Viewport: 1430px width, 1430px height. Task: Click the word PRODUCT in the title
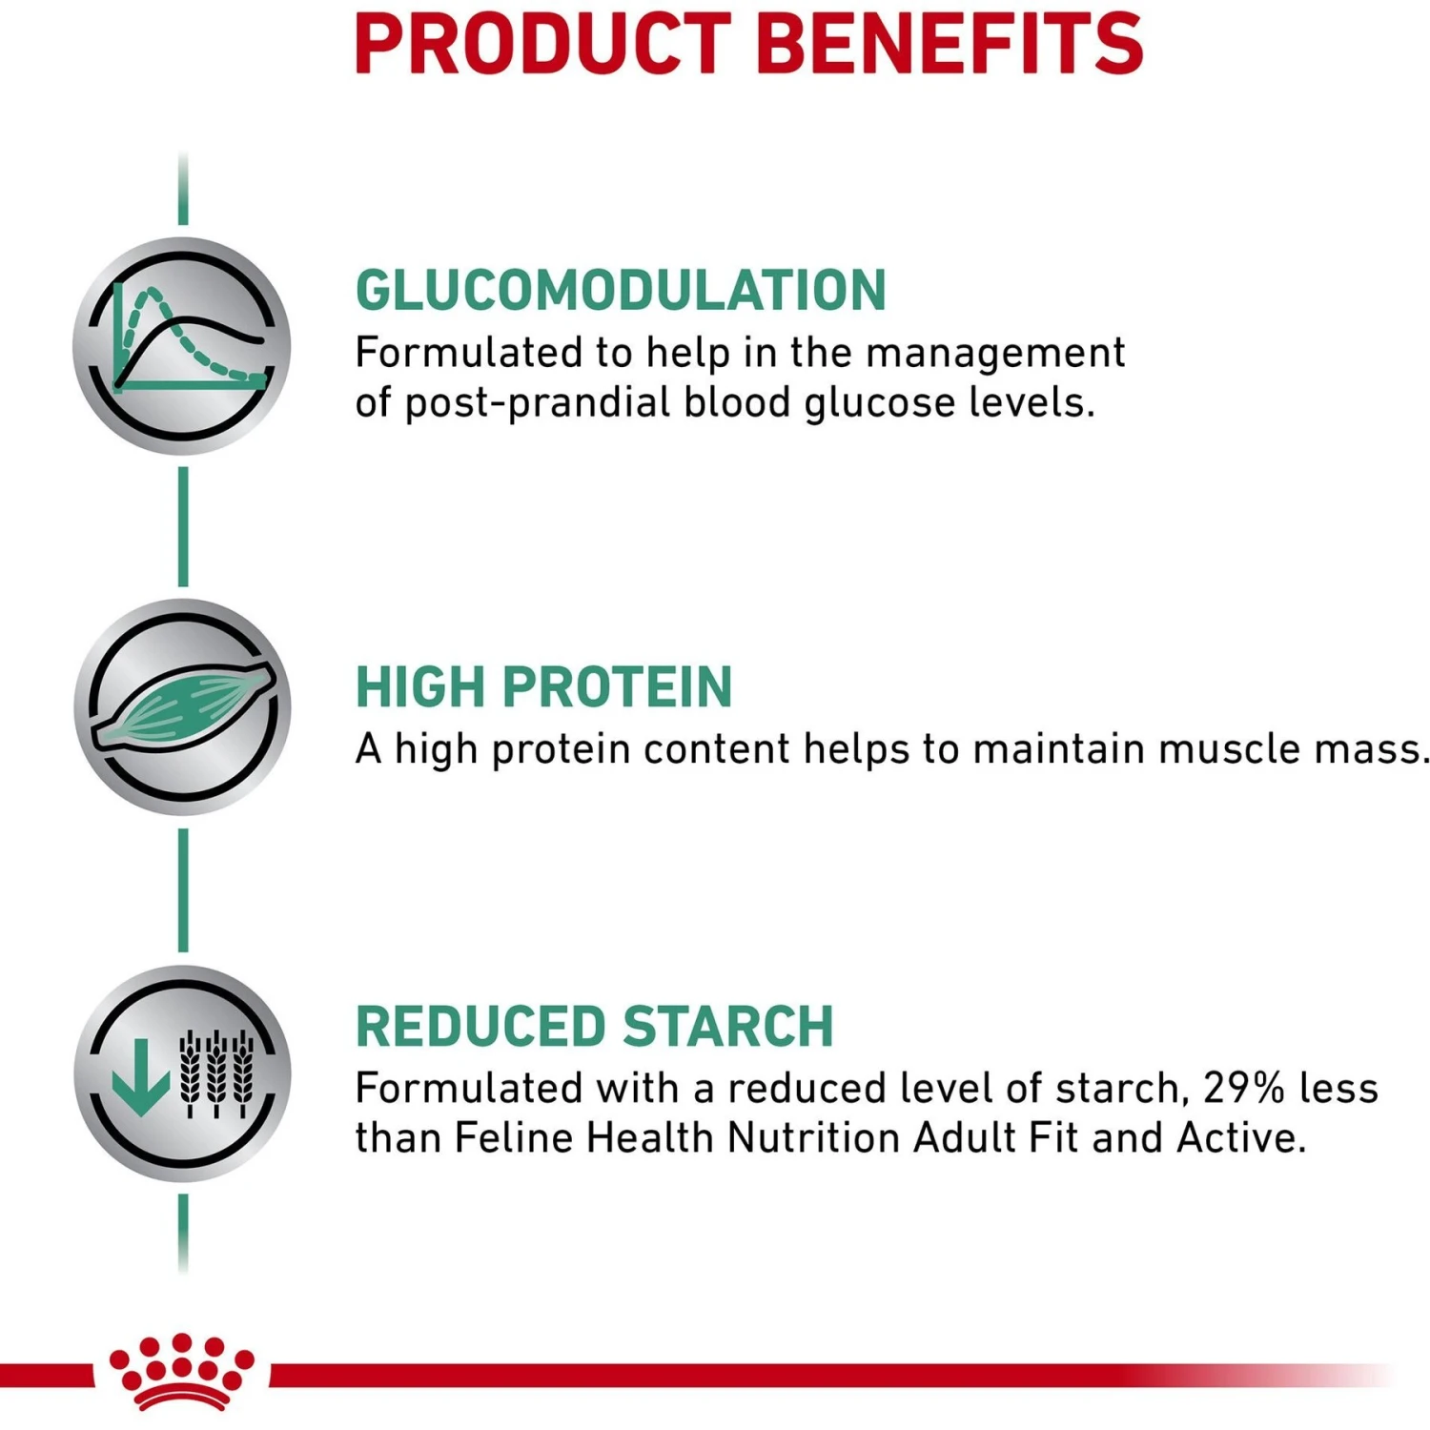click(x=541, y=44)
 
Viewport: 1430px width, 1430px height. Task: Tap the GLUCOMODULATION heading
click(x=621, y=291)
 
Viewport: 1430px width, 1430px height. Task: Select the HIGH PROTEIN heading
click(x=543, y=687)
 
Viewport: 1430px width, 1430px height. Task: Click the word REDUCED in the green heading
click(x=480, y=1027)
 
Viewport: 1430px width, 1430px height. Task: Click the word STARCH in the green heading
click(x=728, y=1027)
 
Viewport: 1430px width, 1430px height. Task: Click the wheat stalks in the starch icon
click(x=217, y=1072)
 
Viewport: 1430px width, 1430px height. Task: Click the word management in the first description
click(x=995, y=354)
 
